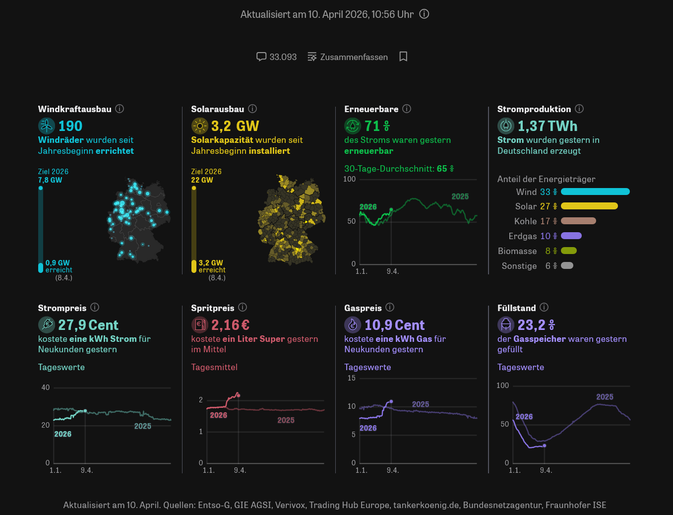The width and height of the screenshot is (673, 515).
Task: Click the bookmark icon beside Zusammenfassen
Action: click(403, 57)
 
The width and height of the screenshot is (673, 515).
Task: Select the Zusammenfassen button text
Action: click(354, 57)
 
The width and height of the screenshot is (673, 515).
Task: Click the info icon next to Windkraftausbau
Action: click(120, 109)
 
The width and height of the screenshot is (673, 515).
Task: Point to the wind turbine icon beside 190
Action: click(47, 126)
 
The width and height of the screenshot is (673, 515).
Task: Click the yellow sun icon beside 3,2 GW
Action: click(199, 126)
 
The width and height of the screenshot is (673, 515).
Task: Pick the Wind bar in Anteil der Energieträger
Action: click(595, 192)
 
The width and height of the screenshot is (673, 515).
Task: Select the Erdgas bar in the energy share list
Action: click(571, 236)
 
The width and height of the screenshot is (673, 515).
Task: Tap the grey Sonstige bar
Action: click(567, 265)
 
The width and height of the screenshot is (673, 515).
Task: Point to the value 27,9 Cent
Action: click(88, 325)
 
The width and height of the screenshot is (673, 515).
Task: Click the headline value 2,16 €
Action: click(230, 325)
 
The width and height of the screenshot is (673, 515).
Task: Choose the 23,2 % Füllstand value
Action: click(536, 325)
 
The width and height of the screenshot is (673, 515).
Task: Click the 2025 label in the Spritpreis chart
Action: click(286, 420)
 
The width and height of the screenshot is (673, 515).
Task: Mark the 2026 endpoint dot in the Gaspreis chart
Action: click(391, 401)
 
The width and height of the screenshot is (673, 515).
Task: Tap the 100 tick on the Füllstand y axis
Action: click(502, 386)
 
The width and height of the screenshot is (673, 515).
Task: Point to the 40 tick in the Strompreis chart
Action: click(46, 387)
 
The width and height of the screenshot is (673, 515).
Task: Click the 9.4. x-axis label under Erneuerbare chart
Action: click(393, 271)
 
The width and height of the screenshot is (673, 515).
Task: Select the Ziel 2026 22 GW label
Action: click(206, 176)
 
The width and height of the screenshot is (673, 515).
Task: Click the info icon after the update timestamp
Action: click(424, 14)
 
